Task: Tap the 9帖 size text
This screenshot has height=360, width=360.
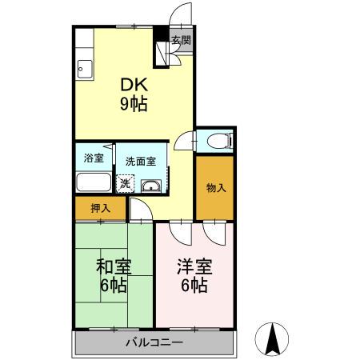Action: tap(133, 103)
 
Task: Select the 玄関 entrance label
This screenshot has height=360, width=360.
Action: tap(181, 40)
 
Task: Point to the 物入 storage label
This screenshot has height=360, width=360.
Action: tap(216, 189)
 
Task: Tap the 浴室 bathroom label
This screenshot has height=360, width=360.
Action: tap(94, 158)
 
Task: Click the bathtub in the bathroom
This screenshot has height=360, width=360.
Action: tap(94, 181)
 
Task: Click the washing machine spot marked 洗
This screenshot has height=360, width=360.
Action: tap(125, 184)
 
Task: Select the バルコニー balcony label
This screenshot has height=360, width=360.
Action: tap(154, 344)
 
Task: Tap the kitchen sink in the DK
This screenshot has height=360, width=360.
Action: tap(83, 70)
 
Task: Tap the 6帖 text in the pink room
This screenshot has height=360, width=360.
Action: tap(194, 286)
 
